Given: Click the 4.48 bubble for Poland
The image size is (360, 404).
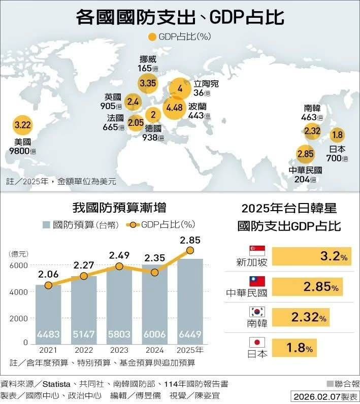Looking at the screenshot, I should [x=174, y=107].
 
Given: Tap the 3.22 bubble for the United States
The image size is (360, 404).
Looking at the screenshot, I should [x=23, y=124].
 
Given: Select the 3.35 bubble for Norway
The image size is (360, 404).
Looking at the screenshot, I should [x=148, y=83].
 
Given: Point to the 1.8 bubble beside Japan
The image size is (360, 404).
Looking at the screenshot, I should [x=338, y=135].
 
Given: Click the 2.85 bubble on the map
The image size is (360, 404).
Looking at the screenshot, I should [x=306, y=153].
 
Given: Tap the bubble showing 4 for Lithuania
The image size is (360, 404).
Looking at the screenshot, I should [x=180, y=88].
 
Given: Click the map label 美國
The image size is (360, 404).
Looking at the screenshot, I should [x=23, y=142].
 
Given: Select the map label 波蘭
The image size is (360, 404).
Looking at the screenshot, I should [x=197, y=107].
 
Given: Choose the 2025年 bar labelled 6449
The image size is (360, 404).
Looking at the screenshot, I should [x=190, y=302].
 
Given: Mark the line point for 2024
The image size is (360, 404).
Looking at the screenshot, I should [x=155, y=273].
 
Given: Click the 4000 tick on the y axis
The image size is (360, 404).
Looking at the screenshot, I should [x=19, y=292].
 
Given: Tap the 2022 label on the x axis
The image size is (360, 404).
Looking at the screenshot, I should [x=84, y=350].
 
